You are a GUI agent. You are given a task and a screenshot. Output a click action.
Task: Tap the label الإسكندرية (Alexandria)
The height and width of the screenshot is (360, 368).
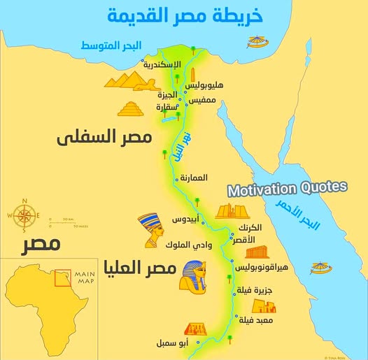click(x=162, y=64)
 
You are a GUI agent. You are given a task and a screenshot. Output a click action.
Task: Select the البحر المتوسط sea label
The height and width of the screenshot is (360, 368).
click(x=111, y=45)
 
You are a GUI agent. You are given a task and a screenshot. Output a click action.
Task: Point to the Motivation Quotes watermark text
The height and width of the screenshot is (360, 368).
click(x=287, y=188)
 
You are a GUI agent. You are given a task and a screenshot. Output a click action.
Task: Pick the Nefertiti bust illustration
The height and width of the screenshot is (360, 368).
click(x=150, y=230)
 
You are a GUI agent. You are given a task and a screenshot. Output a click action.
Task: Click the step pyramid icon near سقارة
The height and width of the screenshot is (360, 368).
click(x=131, y=109)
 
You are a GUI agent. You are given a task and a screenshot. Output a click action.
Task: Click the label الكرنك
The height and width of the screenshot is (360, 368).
click(x=249, y=228)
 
